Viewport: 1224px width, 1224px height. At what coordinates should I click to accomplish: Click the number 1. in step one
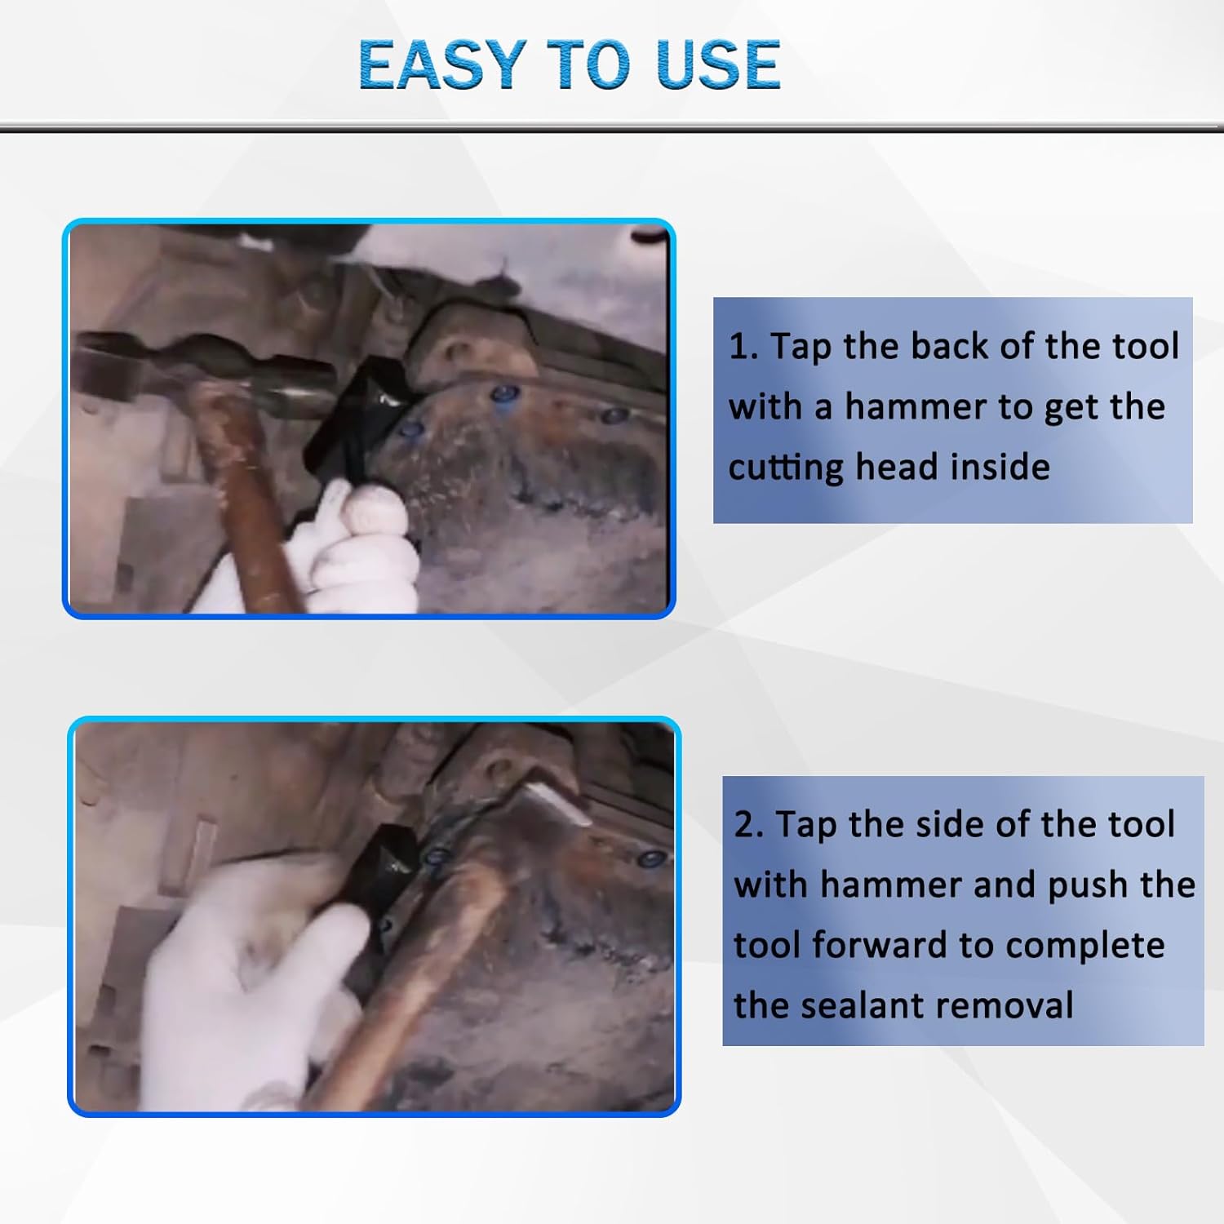[x=743, y=347]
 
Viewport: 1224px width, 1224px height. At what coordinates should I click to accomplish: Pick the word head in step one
[x=896, y=467]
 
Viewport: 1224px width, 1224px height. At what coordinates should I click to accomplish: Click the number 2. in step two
[x=748, y=825]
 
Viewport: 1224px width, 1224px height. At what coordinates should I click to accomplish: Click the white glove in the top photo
[x=359, y=547]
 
